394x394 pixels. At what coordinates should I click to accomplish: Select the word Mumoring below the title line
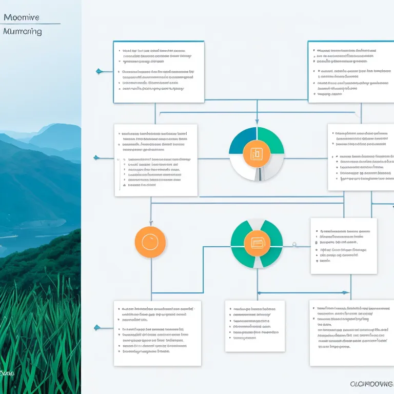[x=22, y=31]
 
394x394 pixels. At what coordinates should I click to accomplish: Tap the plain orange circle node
[x=150, y=242]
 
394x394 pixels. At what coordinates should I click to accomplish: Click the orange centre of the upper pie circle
[x=257, y=153]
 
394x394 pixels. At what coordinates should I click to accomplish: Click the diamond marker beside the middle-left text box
[x=96, y=157]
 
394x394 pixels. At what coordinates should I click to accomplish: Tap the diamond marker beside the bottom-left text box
[x=96, y=327]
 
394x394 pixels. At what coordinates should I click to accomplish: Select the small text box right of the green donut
[x=343, y=246]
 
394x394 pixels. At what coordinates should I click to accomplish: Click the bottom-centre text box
[x=254, y=326]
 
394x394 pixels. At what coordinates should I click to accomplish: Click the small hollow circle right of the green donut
[x=294, y=244]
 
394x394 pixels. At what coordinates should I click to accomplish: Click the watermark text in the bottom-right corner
[x=371, y=384]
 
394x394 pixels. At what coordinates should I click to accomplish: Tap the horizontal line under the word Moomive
[x=31, y=24]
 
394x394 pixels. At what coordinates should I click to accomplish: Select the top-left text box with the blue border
[x=158, y=72]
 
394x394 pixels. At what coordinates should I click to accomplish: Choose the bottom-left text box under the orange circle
[x=157, y=333]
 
